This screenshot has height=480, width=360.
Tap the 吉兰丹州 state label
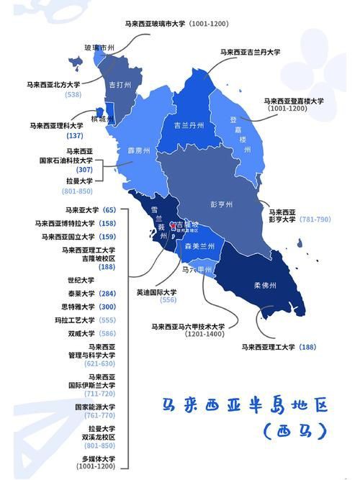pos(189,124)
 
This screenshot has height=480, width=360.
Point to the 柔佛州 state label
pos(265,285)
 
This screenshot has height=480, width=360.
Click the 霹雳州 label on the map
pos(139,151)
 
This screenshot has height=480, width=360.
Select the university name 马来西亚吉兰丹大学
pos(251,52)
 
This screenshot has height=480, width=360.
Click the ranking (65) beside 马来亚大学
pos(109,210)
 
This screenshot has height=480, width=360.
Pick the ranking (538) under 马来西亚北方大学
pos(73,94)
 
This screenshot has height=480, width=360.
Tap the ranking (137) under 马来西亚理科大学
pos(75,135)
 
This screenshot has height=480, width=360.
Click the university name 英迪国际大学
pos(157,292)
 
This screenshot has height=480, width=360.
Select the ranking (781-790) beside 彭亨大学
pos(315,219)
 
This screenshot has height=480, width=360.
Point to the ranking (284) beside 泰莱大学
pos(107,294)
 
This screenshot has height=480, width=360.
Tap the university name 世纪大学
pos(81,280)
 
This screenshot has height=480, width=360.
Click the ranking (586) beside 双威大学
pos(107,333)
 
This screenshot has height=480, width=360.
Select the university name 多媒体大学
pos(98,458)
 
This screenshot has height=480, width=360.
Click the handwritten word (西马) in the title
pos(295,431)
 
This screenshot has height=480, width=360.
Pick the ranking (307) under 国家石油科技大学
pos(84,169)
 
